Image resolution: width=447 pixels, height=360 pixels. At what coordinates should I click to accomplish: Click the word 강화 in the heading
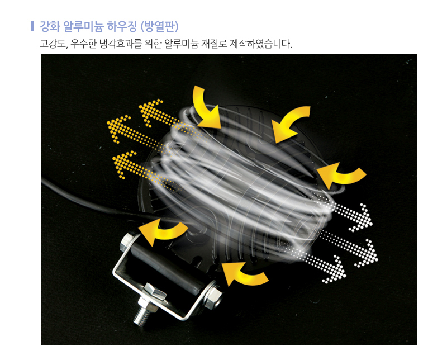[x=50, y=26]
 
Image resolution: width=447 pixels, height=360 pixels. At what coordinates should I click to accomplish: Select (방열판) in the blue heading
[x=160, y=26]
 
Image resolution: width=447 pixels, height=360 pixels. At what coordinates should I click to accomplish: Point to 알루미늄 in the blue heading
[x=83, y=26]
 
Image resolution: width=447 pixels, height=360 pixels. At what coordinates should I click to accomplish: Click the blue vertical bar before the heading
[x=32, y=26]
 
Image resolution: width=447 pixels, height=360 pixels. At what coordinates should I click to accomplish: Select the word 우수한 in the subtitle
[x=83, y=44]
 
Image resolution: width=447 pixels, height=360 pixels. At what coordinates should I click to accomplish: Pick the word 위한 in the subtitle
[x=153, y=44]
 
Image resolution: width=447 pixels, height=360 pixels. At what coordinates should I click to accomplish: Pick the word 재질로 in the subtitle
[x=213, y=44]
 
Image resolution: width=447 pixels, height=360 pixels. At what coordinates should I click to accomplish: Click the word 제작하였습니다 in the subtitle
[x=260, y=44]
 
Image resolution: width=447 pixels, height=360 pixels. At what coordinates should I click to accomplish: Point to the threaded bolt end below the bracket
[x=141, y=316]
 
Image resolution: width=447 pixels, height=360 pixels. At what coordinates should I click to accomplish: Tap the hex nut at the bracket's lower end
[x=212, y=295]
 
